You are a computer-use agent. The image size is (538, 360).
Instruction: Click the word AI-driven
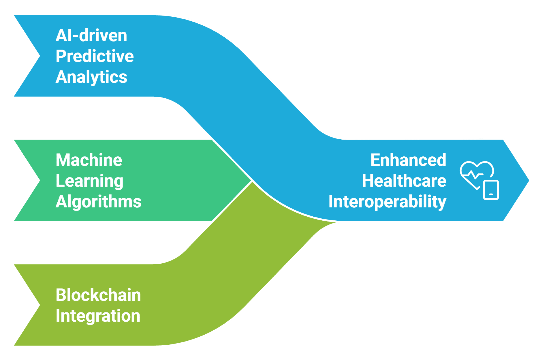(91, 35)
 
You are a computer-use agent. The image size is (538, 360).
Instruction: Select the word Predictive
(95, 56)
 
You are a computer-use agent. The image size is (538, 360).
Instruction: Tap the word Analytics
(91, 77)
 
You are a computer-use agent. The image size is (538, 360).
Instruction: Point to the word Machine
(89, 160)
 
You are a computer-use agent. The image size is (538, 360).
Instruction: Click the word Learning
(89, 181)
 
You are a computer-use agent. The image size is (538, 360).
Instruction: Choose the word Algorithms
(98, 202)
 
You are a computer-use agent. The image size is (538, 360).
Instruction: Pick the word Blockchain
(98, 295)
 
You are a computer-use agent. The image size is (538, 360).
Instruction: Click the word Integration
(98, 316)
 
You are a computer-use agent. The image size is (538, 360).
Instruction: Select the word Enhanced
(408, 160)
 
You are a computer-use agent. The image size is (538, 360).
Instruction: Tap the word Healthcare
(404, 181)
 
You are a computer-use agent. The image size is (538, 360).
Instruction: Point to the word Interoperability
(387, 202)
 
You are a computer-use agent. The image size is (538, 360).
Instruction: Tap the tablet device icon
(491, 190)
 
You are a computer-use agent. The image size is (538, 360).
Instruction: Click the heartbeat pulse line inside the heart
(473, 175)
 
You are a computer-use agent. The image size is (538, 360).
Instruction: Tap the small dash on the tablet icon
(491, 194)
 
